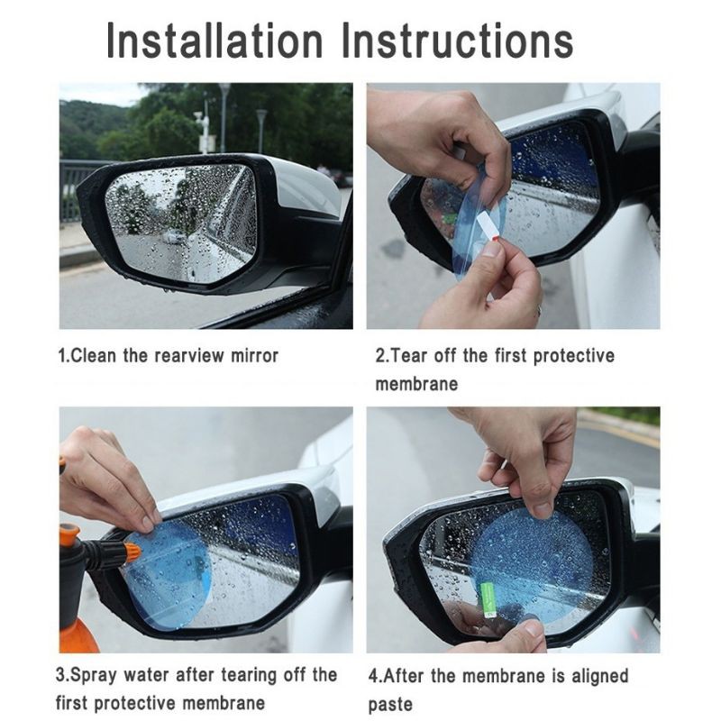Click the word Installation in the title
tap(214, 40)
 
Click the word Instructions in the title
tap(458, 40)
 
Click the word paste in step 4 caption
tap(390, 704)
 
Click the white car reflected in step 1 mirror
tap(173, 237)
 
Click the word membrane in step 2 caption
tap(416, 385)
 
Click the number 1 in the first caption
tap(61, 356)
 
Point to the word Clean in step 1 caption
tap(94, 356)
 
